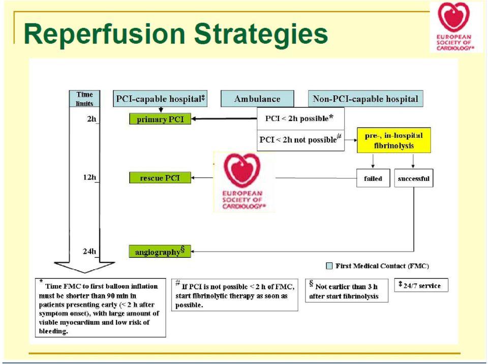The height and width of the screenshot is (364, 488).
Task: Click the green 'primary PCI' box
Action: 160,119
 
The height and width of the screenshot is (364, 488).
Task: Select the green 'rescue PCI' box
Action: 160,177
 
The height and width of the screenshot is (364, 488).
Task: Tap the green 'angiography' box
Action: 160,251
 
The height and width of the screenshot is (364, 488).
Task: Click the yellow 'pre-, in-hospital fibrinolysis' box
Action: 393,140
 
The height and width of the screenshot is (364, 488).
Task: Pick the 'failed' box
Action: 373,178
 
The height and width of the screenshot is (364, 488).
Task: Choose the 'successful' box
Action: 414,178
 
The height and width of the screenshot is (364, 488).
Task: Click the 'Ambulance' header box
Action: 257,99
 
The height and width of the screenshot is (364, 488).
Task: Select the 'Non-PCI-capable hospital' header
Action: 365,99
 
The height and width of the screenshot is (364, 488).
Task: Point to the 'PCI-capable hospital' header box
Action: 160,99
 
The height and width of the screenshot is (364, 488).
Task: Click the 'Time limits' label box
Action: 85,99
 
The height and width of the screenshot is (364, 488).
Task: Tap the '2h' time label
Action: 91,119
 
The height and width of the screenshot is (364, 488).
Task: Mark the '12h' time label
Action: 89,177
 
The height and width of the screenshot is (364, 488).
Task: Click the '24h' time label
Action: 89,251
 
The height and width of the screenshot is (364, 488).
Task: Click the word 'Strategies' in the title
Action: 261,34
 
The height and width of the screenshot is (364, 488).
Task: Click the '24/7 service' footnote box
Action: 421,285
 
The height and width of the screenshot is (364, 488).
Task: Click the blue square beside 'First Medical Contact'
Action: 329,266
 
